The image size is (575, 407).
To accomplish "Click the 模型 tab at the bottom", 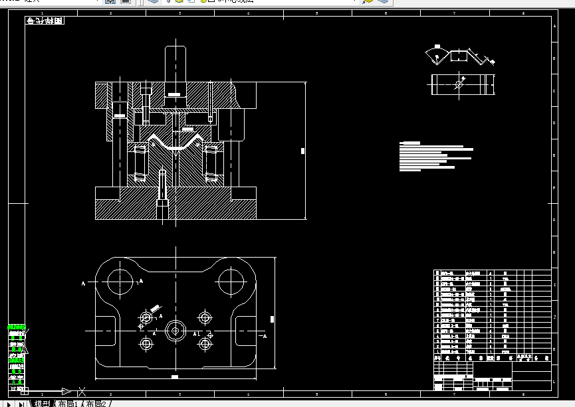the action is click(41, 403).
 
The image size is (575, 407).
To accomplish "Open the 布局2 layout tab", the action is click(96, 403).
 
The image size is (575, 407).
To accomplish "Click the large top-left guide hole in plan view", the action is click(120, 282).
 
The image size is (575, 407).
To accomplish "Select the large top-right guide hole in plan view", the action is click(231, 282).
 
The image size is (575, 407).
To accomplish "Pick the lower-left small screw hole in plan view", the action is click(146, 343).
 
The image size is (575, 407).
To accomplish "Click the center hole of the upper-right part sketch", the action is click(459, 84).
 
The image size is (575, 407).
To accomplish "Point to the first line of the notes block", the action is click(411, 143).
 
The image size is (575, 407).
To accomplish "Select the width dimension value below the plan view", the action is click(175, 376).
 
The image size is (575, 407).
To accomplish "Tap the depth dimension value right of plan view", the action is click(273, 319).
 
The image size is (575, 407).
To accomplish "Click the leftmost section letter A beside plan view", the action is click(84, 284).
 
